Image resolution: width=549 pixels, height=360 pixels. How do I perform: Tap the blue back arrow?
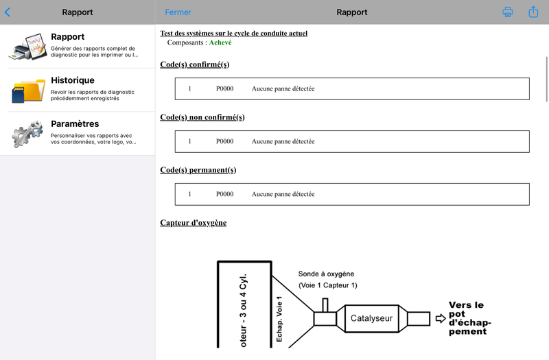[8, 12]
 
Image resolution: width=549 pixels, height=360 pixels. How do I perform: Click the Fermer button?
[178, 12]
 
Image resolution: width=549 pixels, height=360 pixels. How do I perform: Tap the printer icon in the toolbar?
[508, 12]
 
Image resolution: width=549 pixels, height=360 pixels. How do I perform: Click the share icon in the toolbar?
[533, 12]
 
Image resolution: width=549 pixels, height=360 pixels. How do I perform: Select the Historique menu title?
[73, 80]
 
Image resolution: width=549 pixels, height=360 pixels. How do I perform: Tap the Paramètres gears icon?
[27, 134]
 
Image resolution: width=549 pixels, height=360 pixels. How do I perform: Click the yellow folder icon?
[28, 91]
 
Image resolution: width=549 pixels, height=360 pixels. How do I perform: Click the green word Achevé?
[220, 43]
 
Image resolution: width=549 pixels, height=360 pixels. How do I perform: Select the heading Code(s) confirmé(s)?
[195, 64]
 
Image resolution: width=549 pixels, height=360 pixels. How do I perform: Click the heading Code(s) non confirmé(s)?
[202, 117]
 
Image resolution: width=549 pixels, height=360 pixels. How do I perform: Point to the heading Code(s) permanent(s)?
[198, 170]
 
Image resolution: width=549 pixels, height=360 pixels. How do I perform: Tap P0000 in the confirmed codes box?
[224, 89]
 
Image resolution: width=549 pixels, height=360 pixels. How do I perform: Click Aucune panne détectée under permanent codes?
[283, 194]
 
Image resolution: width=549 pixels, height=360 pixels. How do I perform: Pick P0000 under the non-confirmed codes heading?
[224, 141]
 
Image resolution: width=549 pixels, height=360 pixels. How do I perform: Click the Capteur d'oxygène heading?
[194, 223]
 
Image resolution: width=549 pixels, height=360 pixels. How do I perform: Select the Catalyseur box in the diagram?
[371, 318]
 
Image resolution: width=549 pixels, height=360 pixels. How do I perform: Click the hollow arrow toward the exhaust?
[441, 318]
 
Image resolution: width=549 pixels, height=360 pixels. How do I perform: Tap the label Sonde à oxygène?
[326, 274]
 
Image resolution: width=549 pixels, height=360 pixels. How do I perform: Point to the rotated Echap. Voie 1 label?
[279, 319]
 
